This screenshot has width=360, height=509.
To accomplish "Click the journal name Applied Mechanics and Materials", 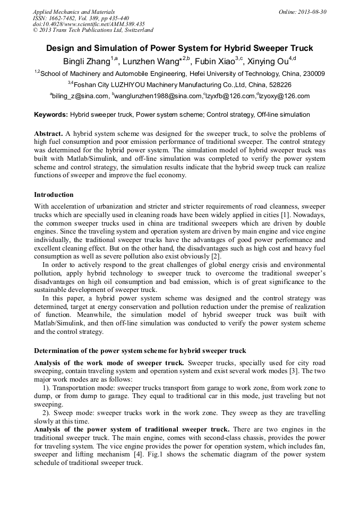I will point(74,11).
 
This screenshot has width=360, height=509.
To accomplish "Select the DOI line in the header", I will point(89,24).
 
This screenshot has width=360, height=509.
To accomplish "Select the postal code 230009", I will point(313,74).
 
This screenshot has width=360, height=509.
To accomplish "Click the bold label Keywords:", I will point(51,115).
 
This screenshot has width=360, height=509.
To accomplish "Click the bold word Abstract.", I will point(48,134).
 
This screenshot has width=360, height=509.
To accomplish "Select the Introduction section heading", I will point(54,195).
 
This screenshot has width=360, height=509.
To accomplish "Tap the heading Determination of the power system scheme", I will point(140,351).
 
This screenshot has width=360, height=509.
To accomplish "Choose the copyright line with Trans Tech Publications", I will point(93,30).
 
